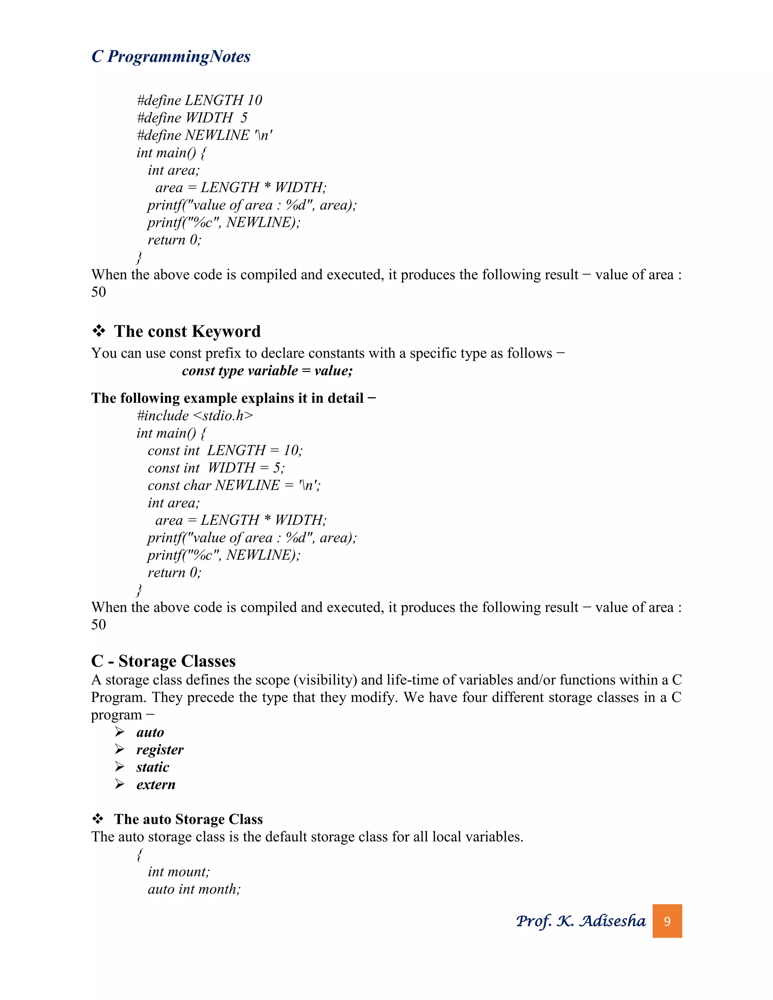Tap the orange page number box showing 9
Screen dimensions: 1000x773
667,921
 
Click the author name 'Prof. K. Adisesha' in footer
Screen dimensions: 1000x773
580,921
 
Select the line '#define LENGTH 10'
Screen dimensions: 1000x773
199,100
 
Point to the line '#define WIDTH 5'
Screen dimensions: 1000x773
192,118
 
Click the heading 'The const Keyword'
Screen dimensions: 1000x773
187,331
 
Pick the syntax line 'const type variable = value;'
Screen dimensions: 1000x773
267,371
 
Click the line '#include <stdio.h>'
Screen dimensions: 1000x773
195,415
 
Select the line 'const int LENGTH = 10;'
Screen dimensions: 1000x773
225,451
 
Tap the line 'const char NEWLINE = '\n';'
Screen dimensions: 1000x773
234,485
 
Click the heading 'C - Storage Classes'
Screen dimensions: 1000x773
163,661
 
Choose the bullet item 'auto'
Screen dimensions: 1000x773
150,732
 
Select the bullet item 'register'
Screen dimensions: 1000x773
159,749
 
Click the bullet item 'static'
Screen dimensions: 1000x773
152,767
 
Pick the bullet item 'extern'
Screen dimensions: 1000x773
156,785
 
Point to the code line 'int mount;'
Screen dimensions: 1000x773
179,872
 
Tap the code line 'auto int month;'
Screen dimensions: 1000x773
194,889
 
